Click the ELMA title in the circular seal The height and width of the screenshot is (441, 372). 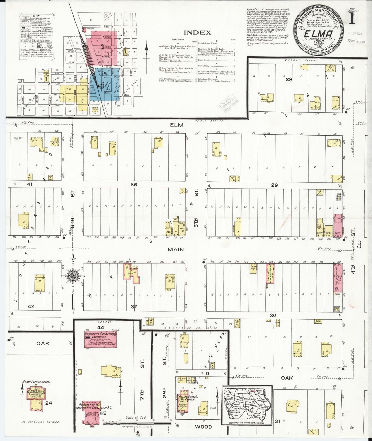pos(318,34)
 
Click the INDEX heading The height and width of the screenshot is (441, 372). pos(197,33)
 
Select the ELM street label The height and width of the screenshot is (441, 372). pos(177,125)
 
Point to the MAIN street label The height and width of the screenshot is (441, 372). pos(176,249)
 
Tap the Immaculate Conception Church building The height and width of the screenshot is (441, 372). pos(101,339)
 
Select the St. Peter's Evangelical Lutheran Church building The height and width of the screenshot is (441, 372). pos(184,405)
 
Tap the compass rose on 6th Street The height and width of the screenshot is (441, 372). pos(73,275)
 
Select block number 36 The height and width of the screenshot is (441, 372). pos(134,184)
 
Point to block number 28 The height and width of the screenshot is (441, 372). pos(289,80)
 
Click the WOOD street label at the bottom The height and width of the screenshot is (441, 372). pos(203,427)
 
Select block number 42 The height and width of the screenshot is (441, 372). pos(31,306)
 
